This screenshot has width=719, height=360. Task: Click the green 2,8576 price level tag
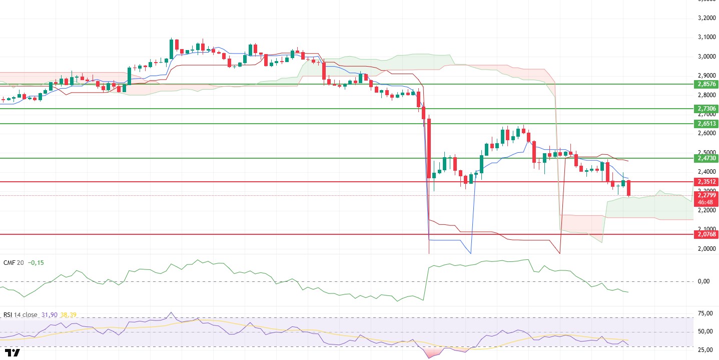[x=706, y=84]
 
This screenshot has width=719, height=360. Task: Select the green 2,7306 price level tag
[x=706, y=108]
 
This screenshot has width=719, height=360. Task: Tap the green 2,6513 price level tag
[x=706, y=123]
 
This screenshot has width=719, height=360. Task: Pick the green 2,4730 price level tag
[x=706, y=158]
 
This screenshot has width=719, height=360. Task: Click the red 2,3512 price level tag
[x=706, y=182]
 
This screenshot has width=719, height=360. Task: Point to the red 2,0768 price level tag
[x=706, y=234]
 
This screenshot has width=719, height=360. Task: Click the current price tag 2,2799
[x=706, y=196]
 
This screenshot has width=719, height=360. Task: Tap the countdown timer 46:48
[x=706, y=202]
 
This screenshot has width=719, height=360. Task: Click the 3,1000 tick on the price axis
[x=705, y=37]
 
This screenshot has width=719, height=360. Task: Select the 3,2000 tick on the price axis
[x=705, y=18]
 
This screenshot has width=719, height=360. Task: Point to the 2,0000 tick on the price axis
[x=705, y=249]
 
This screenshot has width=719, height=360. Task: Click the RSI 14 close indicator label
[x=20, y=315]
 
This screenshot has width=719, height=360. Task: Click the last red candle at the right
[x=628, y=188]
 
